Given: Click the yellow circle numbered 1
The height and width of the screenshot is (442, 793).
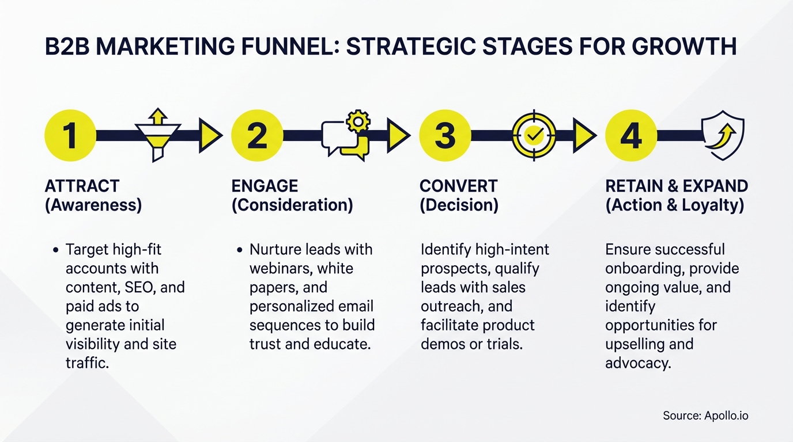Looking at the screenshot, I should tap(70, 136).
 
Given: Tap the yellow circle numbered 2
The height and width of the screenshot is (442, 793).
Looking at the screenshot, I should tap(257, 136).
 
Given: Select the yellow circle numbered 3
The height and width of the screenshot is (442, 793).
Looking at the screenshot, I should tap(445, 136).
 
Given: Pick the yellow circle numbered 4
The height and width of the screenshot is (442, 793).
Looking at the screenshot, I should tap(631, 136).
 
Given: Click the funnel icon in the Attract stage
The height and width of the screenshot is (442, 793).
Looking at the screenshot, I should tap(157, 135).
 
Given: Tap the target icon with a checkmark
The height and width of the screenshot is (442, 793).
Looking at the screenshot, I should tap(534, 136).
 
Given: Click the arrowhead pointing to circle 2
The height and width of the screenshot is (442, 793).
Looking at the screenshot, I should tap(210, 136).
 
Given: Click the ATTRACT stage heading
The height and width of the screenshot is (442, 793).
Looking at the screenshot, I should tap(82, 186).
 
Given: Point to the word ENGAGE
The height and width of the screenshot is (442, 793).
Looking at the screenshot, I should tap(265, 186).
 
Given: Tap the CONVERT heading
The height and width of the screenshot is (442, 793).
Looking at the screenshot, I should tap(458, 186).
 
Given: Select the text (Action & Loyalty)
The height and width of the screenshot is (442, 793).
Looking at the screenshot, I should tap(674, 205).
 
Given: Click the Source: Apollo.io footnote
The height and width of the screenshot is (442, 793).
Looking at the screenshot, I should tap(705, 416).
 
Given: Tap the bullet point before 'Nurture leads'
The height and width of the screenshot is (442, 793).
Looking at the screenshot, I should tap(239, 250).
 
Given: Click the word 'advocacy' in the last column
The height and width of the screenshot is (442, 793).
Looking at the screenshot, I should tap(638, 363).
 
